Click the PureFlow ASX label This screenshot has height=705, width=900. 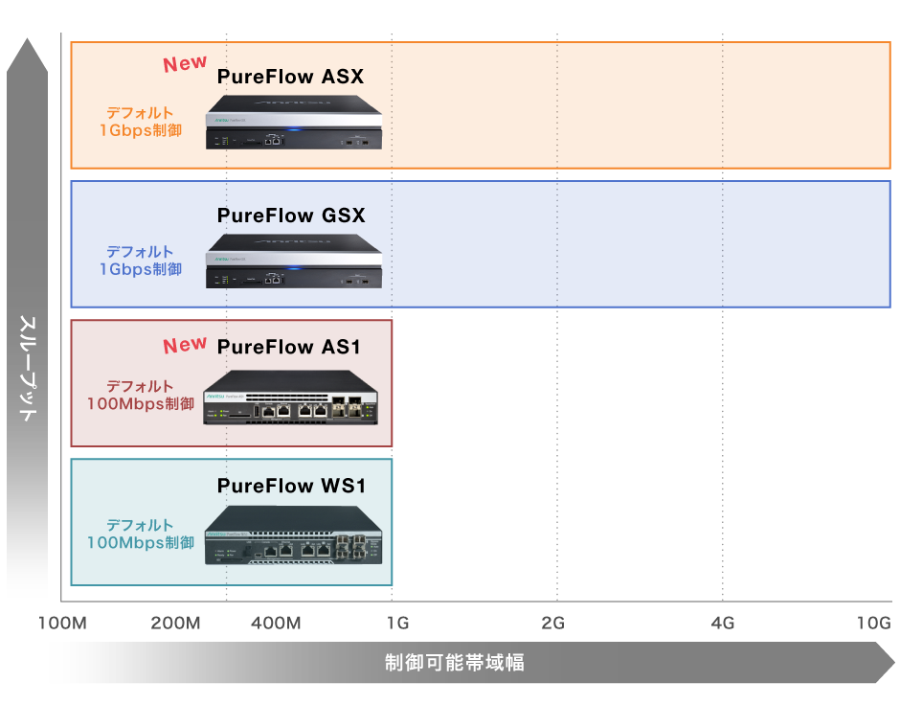click(x=290, y=77)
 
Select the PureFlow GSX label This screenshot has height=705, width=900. click(x=291, y=216)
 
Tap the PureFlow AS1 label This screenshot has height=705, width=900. click(x=289, y=347)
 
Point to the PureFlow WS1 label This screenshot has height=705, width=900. click(x=291, y=487)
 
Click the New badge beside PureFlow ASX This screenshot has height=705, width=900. click(x=185, y=64)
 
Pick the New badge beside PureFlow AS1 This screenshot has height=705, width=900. click(x=185, y=345)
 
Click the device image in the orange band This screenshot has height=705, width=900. click(x=294, y=123)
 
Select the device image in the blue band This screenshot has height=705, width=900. click(x=294, y=262)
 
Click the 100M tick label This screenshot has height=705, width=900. click(x=62, y=624)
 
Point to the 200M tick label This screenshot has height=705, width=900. click(x=175, y=624)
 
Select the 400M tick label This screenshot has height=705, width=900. click(x=276, y=624)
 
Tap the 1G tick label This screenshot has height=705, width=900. click(x=397, y=624)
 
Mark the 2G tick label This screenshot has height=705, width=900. click(x=552, y=624)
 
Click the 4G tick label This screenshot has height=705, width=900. click(x=723, y=624)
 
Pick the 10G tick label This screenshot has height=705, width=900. click(x=873, y=624)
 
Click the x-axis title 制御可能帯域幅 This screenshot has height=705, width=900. click(x=455, y=663)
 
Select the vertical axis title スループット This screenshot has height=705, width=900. click(x=28, y=369)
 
